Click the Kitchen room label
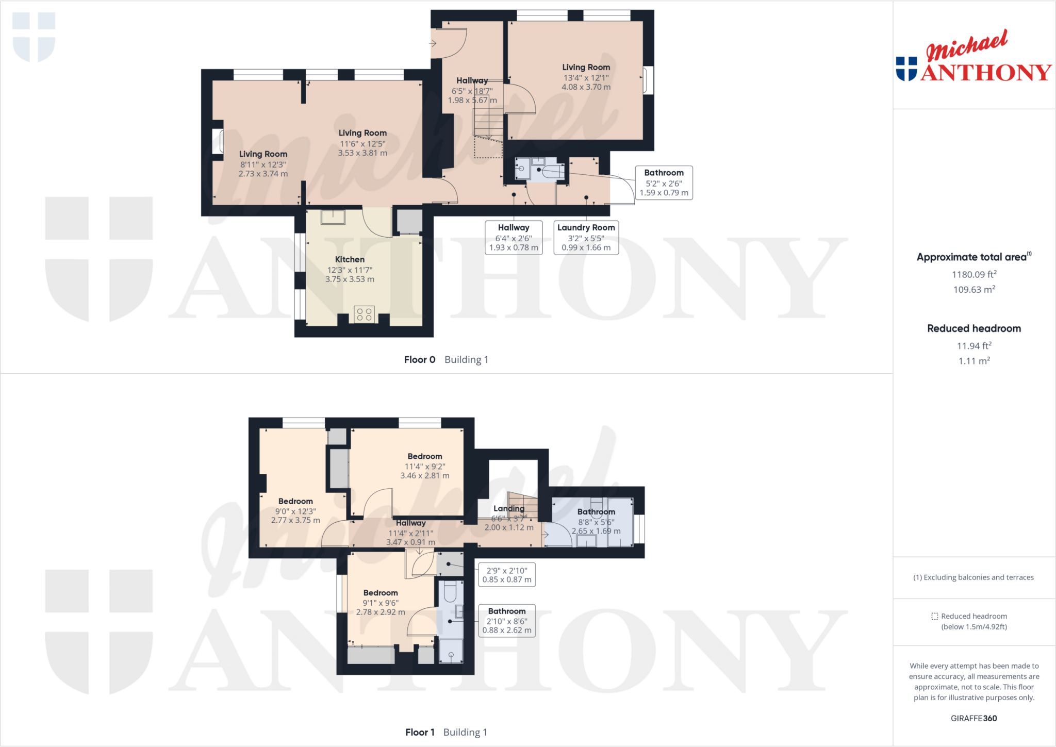350,259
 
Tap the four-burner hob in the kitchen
364,314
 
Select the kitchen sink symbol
333,217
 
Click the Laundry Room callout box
586,237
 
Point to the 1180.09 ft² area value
973,275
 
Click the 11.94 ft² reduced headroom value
973,346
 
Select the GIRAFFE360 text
973,718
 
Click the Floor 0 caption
419,360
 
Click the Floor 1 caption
420,732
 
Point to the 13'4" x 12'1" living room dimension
586,78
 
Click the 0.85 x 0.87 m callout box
506,575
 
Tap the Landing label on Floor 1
508,508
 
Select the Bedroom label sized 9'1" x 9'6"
381,593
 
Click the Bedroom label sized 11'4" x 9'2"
425,456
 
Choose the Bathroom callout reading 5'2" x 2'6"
664,182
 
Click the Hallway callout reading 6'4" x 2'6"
514,237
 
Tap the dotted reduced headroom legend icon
934,616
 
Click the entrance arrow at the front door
433,44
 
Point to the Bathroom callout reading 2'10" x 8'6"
507,621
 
